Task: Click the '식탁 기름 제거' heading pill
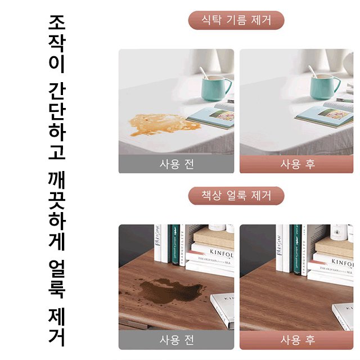[x=236, y=21]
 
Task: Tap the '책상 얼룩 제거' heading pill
[x=236, y=196]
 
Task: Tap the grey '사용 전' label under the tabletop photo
[x=176, y=164]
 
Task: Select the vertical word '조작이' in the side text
[x=57, y=45]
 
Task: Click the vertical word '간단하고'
[x=57, y=121]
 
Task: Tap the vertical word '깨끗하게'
[x=57, y=214]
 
